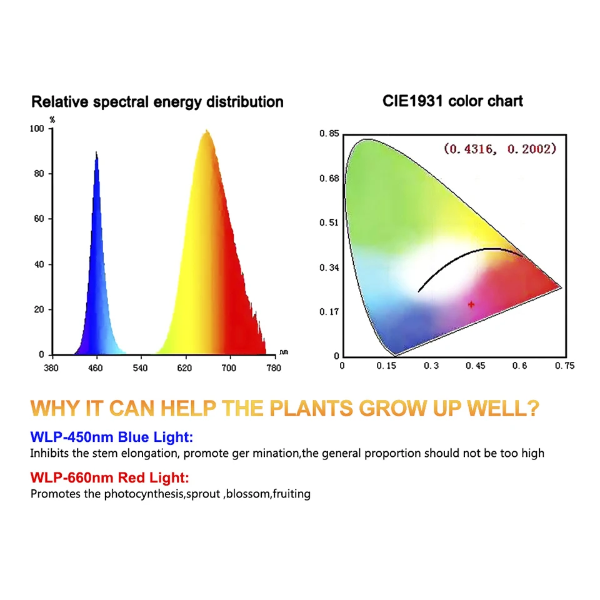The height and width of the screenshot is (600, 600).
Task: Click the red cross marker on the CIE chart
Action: click(x=471, y=304)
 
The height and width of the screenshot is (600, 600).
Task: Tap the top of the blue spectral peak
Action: click(x=96, y=152)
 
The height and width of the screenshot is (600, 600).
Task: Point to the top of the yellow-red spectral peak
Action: click(x=207, y=131)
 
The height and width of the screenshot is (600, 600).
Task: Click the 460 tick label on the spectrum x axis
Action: click(x=96, y=367)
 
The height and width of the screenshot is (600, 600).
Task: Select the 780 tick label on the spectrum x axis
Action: click(x=274, y=367)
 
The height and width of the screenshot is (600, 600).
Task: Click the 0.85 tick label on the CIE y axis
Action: click(x=329, y=134)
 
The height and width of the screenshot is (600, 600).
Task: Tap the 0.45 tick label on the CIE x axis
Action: click(x=475, y=366)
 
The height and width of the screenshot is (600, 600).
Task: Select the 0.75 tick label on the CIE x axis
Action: click(x=565, y=366)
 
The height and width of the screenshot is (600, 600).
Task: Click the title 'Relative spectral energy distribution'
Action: click(x=157, y=101)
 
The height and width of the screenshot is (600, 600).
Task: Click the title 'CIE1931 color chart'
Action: click(x=452, y=101)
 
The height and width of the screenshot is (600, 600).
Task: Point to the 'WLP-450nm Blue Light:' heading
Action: click(x=112, y=437)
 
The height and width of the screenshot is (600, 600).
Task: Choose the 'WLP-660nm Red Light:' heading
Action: click(x=109, y=478)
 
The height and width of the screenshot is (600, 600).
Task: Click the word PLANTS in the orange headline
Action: click(x=311, y=409)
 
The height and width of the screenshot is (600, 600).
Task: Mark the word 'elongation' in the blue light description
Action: click(x=154, y=453)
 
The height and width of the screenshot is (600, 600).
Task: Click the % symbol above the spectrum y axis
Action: click(x=51, y=119)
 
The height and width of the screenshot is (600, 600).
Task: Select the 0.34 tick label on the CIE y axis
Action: click(x=329, y=268)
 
